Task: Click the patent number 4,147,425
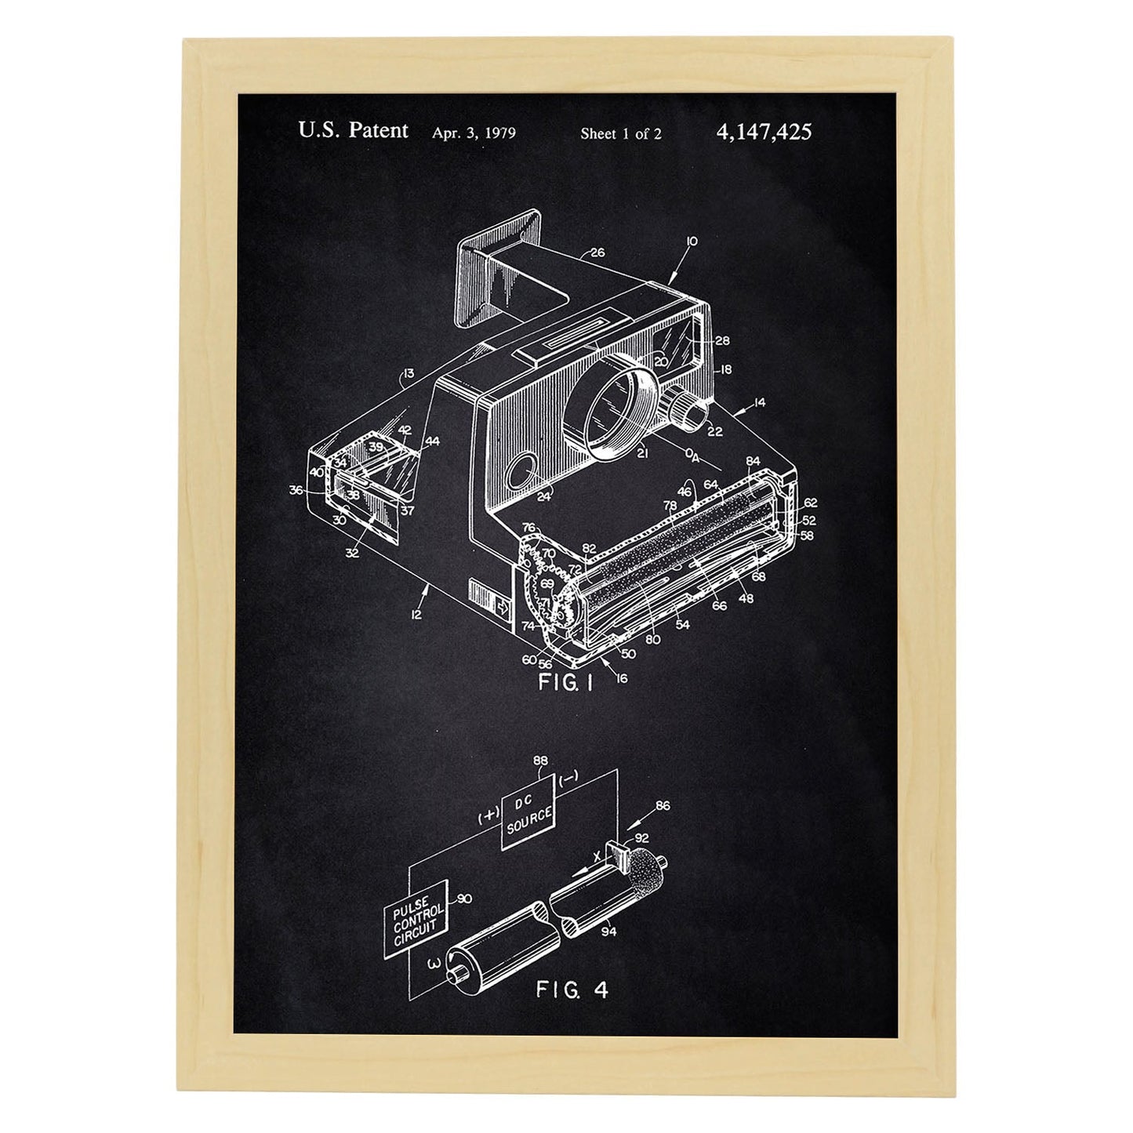point(764,132)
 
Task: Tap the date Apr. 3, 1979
point(474,133)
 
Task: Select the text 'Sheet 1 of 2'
point(621,134)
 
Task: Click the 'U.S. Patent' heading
point(353,130)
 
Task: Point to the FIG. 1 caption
point(566,683)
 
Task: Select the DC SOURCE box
point(528,812)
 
